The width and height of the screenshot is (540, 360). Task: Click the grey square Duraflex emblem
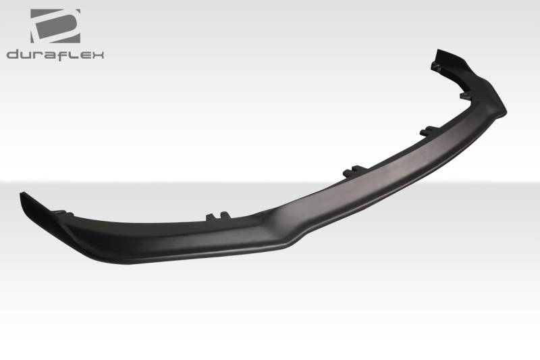pos(55,26)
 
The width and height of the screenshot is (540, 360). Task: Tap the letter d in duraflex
pos(13,55)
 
